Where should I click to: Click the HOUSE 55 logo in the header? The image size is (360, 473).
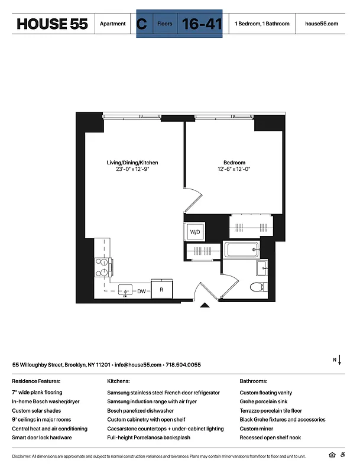(x=52, y=24)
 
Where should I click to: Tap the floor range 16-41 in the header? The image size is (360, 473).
(x=198, y=24)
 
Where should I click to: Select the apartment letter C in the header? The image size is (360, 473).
(x=141, y=24)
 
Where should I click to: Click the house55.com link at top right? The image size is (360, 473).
(x=322, y=24)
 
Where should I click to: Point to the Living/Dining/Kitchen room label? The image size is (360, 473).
(x=132, y=163)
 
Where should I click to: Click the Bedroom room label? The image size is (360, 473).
(x=234, y=163)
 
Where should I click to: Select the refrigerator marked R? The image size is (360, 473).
(x=162, y=290)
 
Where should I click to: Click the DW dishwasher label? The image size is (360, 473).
(x=142, y=291)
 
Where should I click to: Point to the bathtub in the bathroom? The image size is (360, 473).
(x=241, y=250)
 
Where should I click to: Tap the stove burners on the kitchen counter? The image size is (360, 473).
(x=102, y=267)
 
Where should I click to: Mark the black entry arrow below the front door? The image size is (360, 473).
(x=205, y=305)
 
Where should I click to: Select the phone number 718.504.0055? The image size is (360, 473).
(x=183, y=365)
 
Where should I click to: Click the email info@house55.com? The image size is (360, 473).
(x=138, y=365)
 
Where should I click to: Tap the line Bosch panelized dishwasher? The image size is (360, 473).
(x=140, y=410)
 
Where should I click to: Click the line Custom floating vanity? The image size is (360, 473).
(x=265, y=393)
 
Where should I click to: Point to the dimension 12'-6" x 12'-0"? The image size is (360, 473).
(x=234, y=170)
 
